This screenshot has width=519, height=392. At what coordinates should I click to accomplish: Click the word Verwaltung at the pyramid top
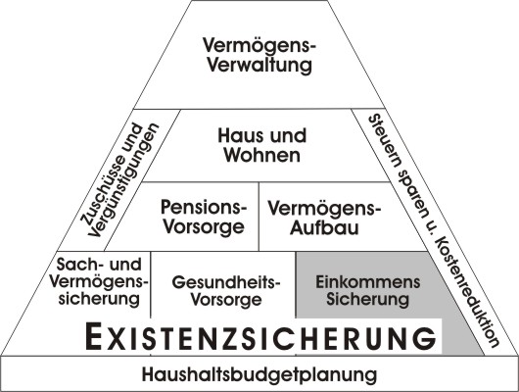259,66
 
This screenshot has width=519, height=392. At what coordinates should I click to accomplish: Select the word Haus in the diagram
235,136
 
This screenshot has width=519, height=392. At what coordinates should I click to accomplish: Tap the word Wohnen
262,155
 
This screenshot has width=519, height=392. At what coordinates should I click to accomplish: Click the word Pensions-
204,207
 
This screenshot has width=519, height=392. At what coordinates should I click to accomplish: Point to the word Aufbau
324,227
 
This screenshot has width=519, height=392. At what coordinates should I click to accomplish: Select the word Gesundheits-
226,282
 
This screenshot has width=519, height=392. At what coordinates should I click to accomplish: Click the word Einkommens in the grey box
368,282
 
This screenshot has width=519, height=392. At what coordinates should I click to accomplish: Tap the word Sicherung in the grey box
368,299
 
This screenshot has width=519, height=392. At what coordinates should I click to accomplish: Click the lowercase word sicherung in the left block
99,299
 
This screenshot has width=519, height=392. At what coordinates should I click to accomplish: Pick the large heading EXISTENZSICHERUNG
260,337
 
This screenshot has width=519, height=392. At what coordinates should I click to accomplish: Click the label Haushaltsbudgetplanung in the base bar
259,374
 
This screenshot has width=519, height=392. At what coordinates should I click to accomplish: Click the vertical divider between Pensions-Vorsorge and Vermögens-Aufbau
259,217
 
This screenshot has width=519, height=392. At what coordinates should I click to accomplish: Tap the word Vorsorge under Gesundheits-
226,300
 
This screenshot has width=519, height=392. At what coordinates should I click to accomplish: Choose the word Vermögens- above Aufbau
324,209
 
